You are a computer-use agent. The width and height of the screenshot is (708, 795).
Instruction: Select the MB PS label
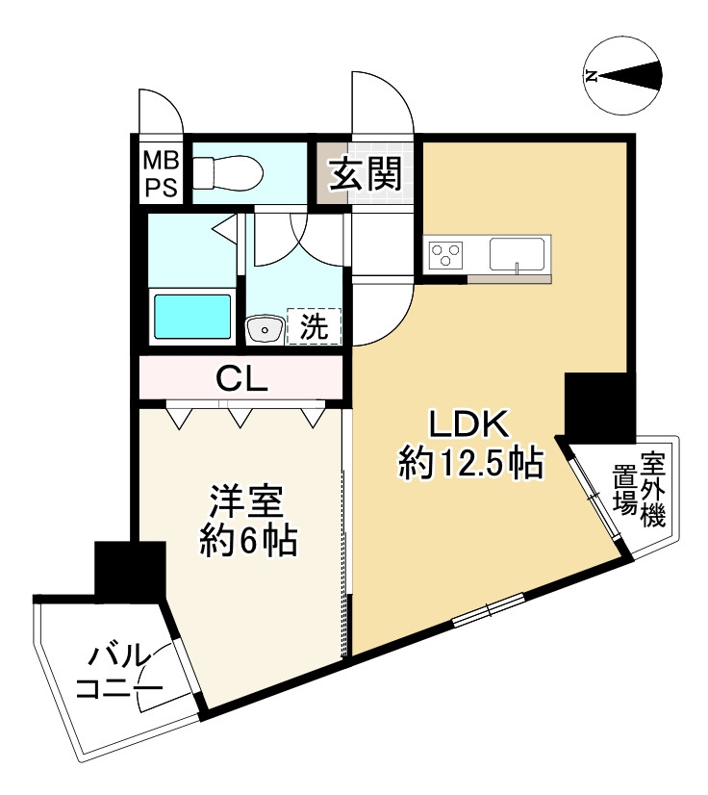pyautogui.click(x=161, y=173)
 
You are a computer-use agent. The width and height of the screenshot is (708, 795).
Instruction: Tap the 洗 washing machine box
pyautogui.click(x=314, y=326)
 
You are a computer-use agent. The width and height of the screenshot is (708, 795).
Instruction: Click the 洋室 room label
pyautogui.click(x=246, y=501)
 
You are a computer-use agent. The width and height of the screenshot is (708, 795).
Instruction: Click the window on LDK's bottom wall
pyautogui.click(x=489, y=609)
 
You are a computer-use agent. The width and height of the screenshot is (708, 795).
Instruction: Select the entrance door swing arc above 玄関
pyautogui.click(x=383, y=106)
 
